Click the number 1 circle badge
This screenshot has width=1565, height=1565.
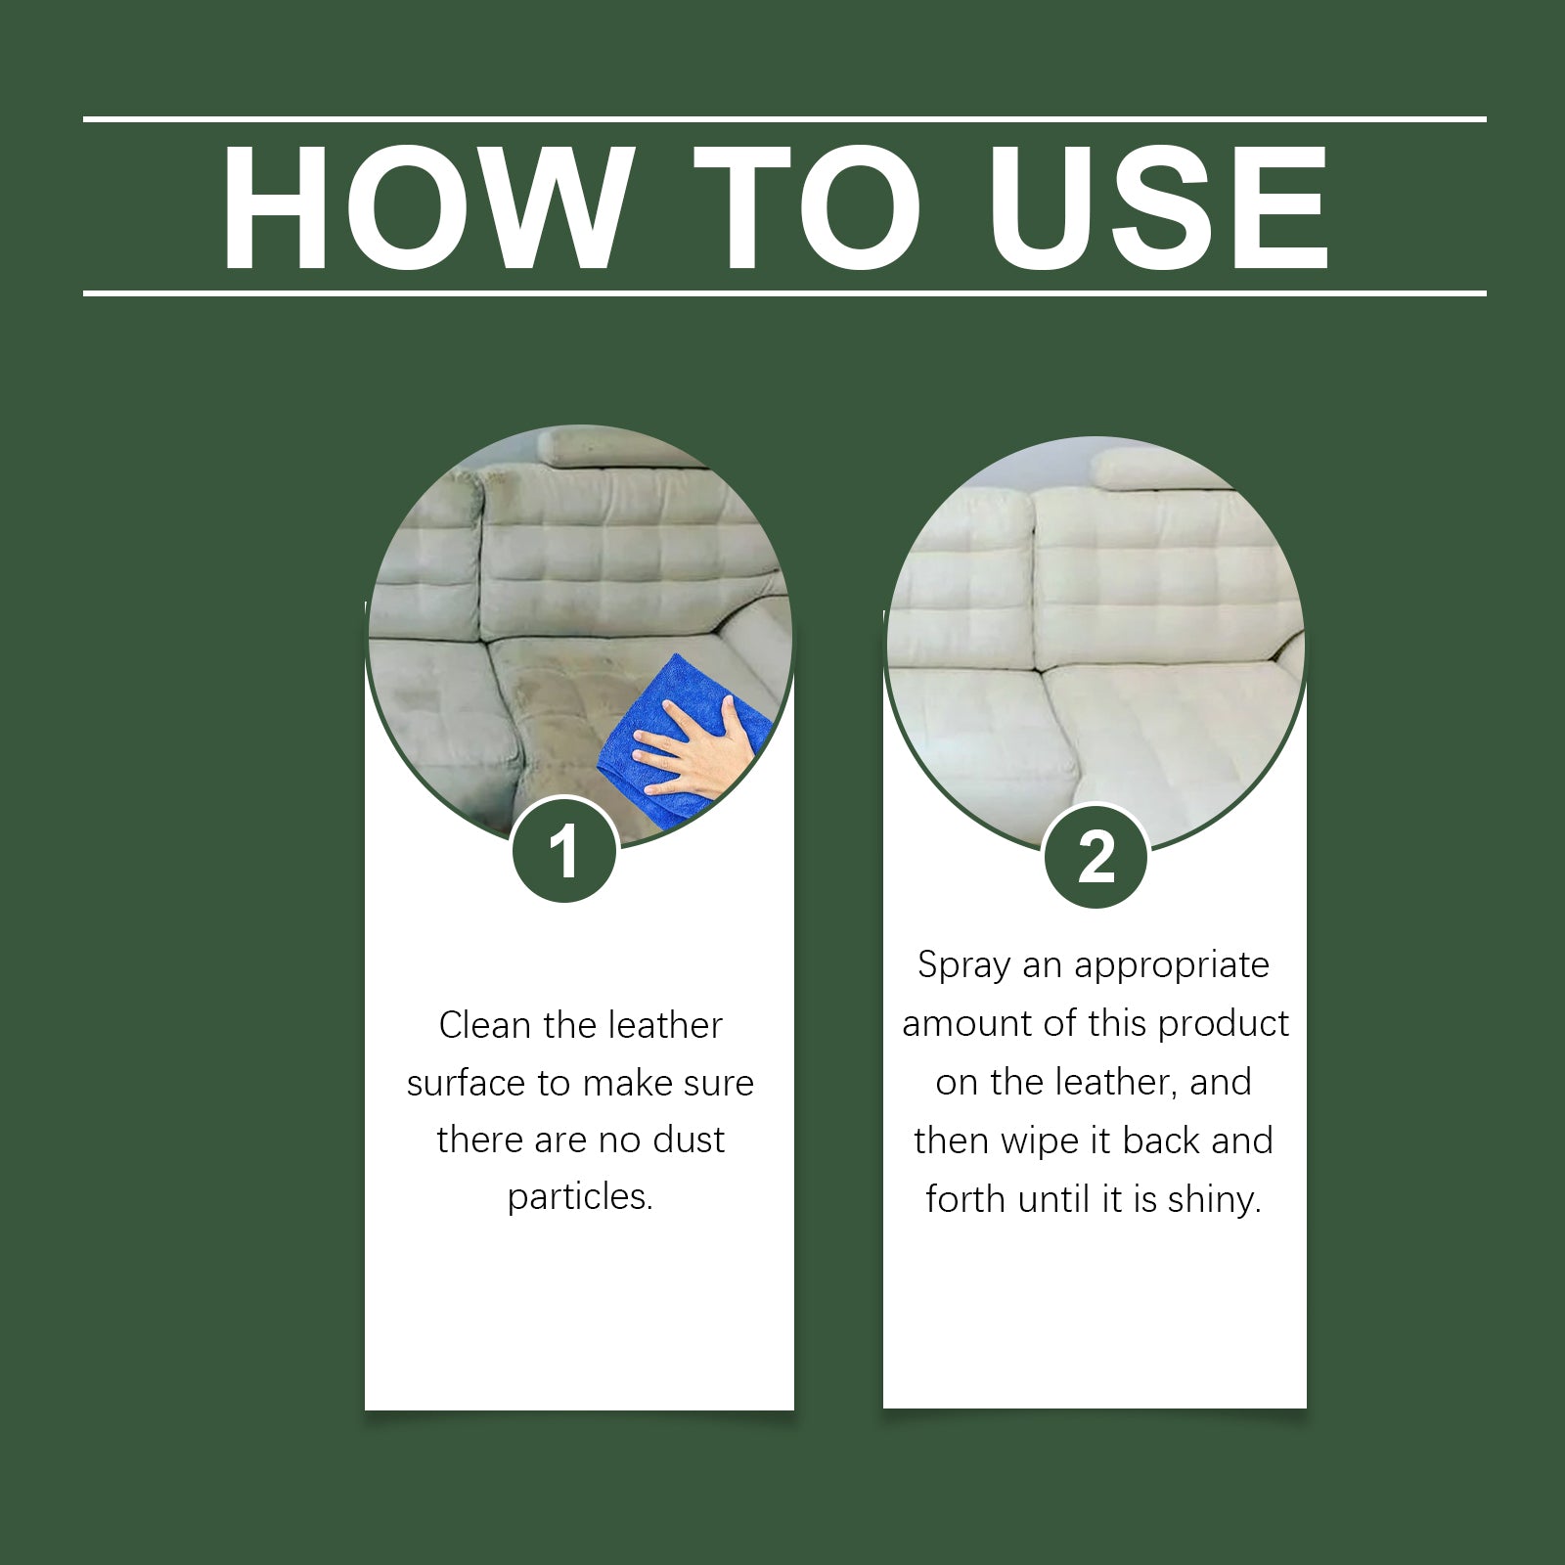point(564,851)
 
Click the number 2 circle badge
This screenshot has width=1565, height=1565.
point(1095,857)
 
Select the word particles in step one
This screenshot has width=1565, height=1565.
point(579,1196)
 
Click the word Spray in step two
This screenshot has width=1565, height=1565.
point(963,965)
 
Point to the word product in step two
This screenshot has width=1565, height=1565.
point(1224,1024)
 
